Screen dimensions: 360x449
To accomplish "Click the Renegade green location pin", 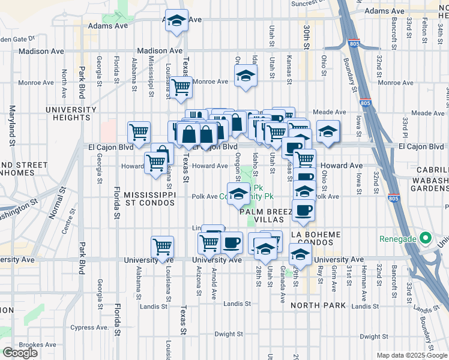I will coord(426,238).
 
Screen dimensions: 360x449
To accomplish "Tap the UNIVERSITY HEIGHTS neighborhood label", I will coord(71,113).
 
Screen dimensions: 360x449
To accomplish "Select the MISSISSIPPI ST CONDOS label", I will coord(149,199).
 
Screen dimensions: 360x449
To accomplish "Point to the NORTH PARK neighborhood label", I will coord(318,305).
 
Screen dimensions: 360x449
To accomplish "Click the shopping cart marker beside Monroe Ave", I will coord(180,88).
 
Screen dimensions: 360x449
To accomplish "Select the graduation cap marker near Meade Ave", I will coord(328,132).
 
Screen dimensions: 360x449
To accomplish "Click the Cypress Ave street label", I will coord(89,328).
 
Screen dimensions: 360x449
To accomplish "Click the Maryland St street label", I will coord(11,126).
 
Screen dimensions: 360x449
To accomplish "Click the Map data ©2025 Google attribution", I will coord(411,355).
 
